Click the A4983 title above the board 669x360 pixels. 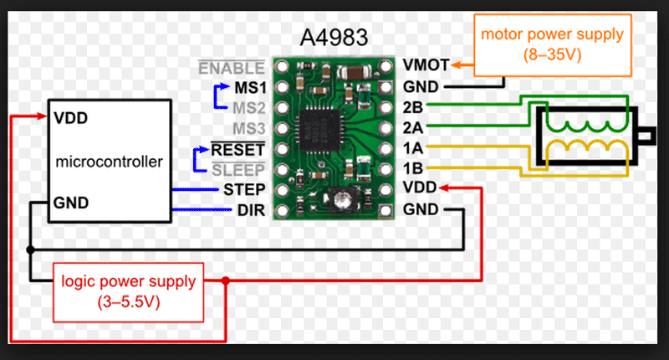point(334,39)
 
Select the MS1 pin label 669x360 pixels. point(249,86)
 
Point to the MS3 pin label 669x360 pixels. point(249,129)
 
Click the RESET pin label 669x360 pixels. point(238,150)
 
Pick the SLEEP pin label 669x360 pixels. point(240,169)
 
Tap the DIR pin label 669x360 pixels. point(252,210)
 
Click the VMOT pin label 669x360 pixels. point(425,65)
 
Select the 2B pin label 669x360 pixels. point(412,107)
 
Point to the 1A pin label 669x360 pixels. point(412,149)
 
